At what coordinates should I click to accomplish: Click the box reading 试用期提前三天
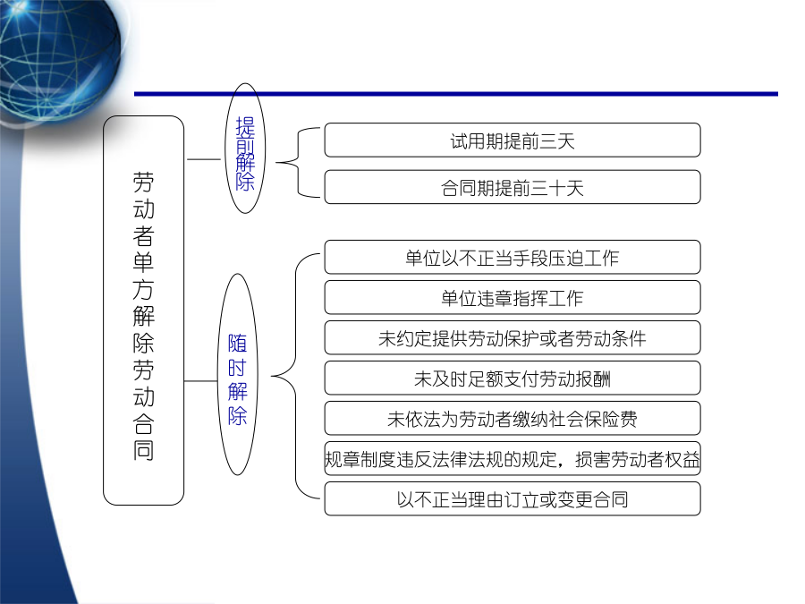pyautogui.click(x=513, y=140)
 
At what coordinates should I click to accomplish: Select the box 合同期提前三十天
pyautogui.click(x=513, y=187)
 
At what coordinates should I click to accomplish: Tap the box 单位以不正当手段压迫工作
pyautogui.click(x=513, y=257)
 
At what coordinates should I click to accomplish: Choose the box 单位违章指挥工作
pyautogui.click(x=513, y=297)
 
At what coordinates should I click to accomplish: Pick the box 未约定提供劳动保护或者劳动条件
pyautogui.click(x=513, y=337)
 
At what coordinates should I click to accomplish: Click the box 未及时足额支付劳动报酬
pyautogui.click(x=513, y=378)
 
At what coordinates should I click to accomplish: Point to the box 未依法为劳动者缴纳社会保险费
pyautogui.click(x=513, y=418)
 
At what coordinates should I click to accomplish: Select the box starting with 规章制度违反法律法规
pyautogui.click(x=513, y=459)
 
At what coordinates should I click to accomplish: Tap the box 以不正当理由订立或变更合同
pyautogui.click(x=513, y=498)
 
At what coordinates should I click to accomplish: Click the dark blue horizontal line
pyautogui.click(x=456, y=94)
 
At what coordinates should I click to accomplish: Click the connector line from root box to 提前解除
pyautogui.click(x=204, y=159)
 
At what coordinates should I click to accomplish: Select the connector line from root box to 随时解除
pyautogui.click(x=201, y=381)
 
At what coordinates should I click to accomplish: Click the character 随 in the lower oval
pyautogui.click(x=237, y=343)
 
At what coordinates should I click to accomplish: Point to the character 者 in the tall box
pyautogui.click(x=144, y=235)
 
